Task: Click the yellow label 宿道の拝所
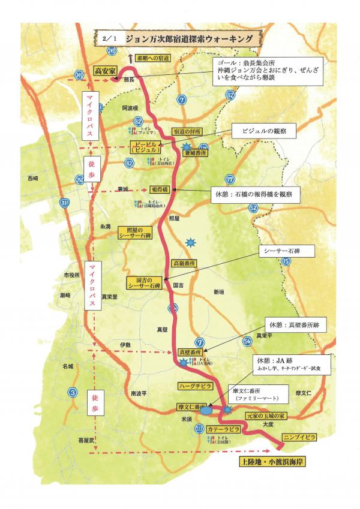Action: tap(187, 131)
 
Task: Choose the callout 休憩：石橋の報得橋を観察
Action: tap(254, 194)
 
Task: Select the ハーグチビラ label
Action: tap(193, 387)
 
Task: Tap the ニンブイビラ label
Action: tap(299, 436)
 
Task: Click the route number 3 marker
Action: tap(73, 393)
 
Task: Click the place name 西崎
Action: tap(32, 178)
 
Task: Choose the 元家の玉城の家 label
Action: tap(268, 415)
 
